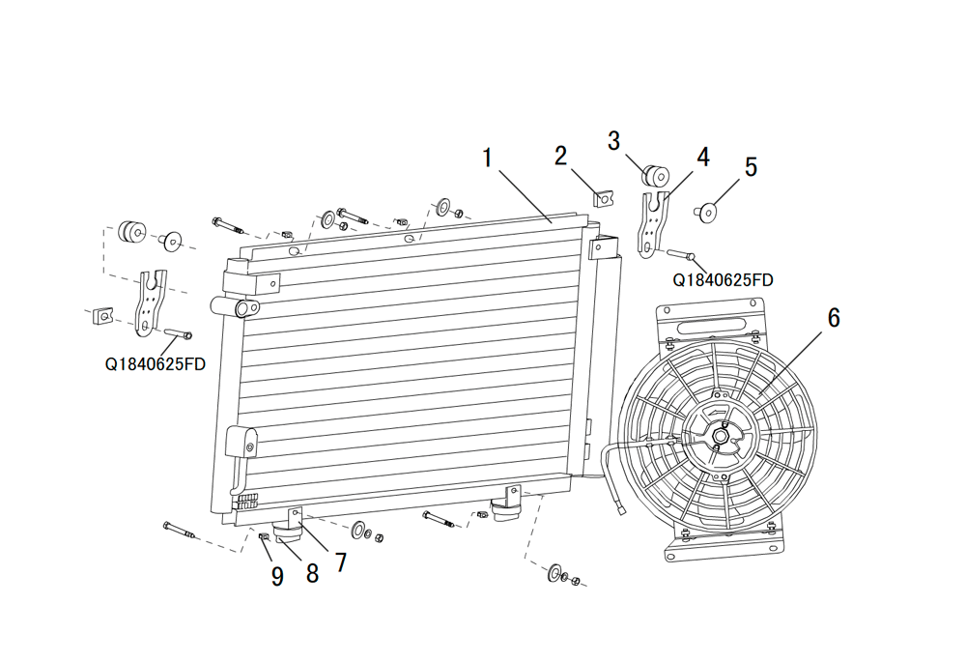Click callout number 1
point(487,158)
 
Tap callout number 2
point(560,156)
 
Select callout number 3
point(613,140)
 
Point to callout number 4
point(703,158)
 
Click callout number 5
point(751,167)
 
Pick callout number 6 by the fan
point(834,318)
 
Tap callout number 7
point(341,562)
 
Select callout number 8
point(312,573)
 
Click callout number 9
point(277,576)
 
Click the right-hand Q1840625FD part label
point(723,280)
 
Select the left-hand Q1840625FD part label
point(156,364)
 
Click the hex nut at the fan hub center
point(720,435)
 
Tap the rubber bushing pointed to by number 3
point(656,176)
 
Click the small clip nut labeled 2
point(603,198)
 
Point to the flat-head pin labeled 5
point(707,212)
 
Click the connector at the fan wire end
point(621,508)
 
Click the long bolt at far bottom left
point(181,531)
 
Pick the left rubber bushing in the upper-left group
point(132,231)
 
